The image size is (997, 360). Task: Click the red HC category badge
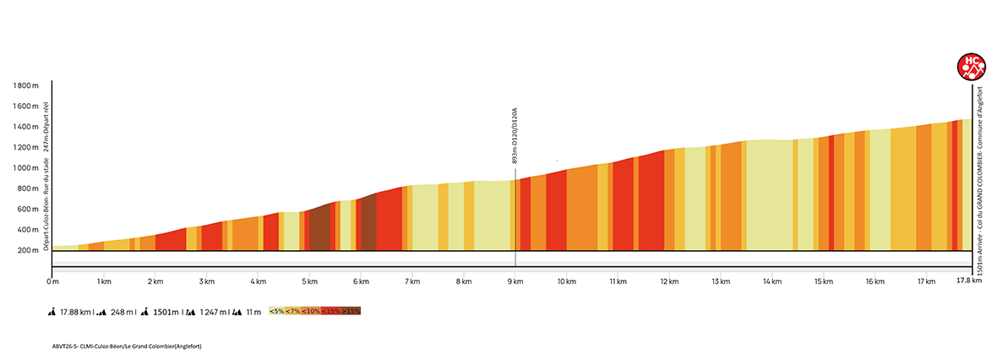(x=971, y=65)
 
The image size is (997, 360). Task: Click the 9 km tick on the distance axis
(x=515, y=281)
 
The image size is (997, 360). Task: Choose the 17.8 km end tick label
(x=967, y=281)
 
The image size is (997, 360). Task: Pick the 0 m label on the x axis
(x=52, y=281)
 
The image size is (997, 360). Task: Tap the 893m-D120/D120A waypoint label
(x=515, y=135)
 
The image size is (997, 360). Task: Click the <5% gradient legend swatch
(x=276, y=311)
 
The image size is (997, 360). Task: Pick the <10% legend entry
(x=312, y=311)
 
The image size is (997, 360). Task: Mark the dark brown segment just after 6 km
(x=368, y=223)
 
